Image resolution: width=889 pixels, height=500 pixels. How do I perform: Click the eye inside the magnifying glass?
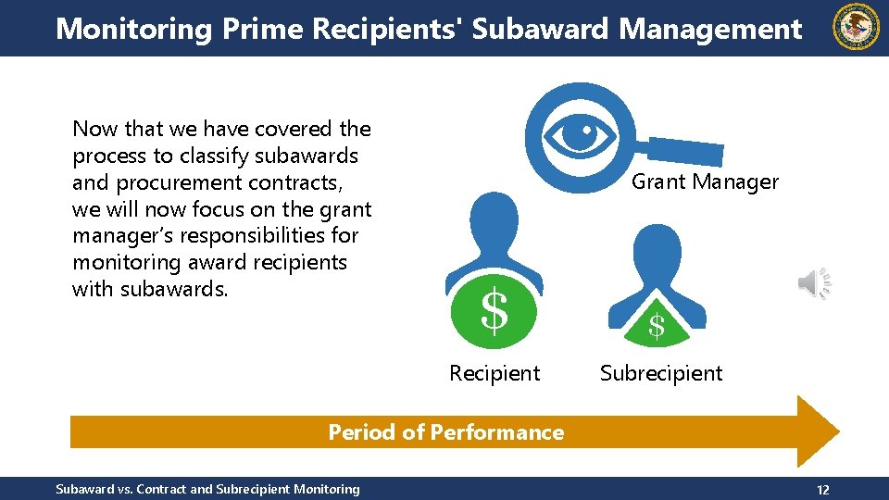tap(581, 135)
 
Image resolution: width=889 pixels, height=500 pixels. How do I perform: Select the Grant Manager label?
tap(705, 181)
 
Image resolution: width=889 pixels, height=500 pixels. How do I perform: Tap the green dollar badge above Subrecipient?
tap(657, 324)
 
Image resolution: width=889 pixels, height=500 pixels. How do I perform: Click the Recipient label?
tap(495, 373)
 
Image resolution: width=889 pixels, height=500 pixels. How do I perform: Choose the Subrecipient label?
tap(661, 373)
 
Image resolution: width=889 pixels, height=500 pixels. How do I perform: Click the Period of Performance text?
tap(445, 432)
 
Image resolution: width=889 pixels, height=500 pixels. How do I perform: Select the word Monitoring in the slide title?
tap(134, 29)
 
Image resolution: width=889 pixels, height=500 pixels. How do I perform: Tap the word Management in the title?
tap(710, 29)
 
